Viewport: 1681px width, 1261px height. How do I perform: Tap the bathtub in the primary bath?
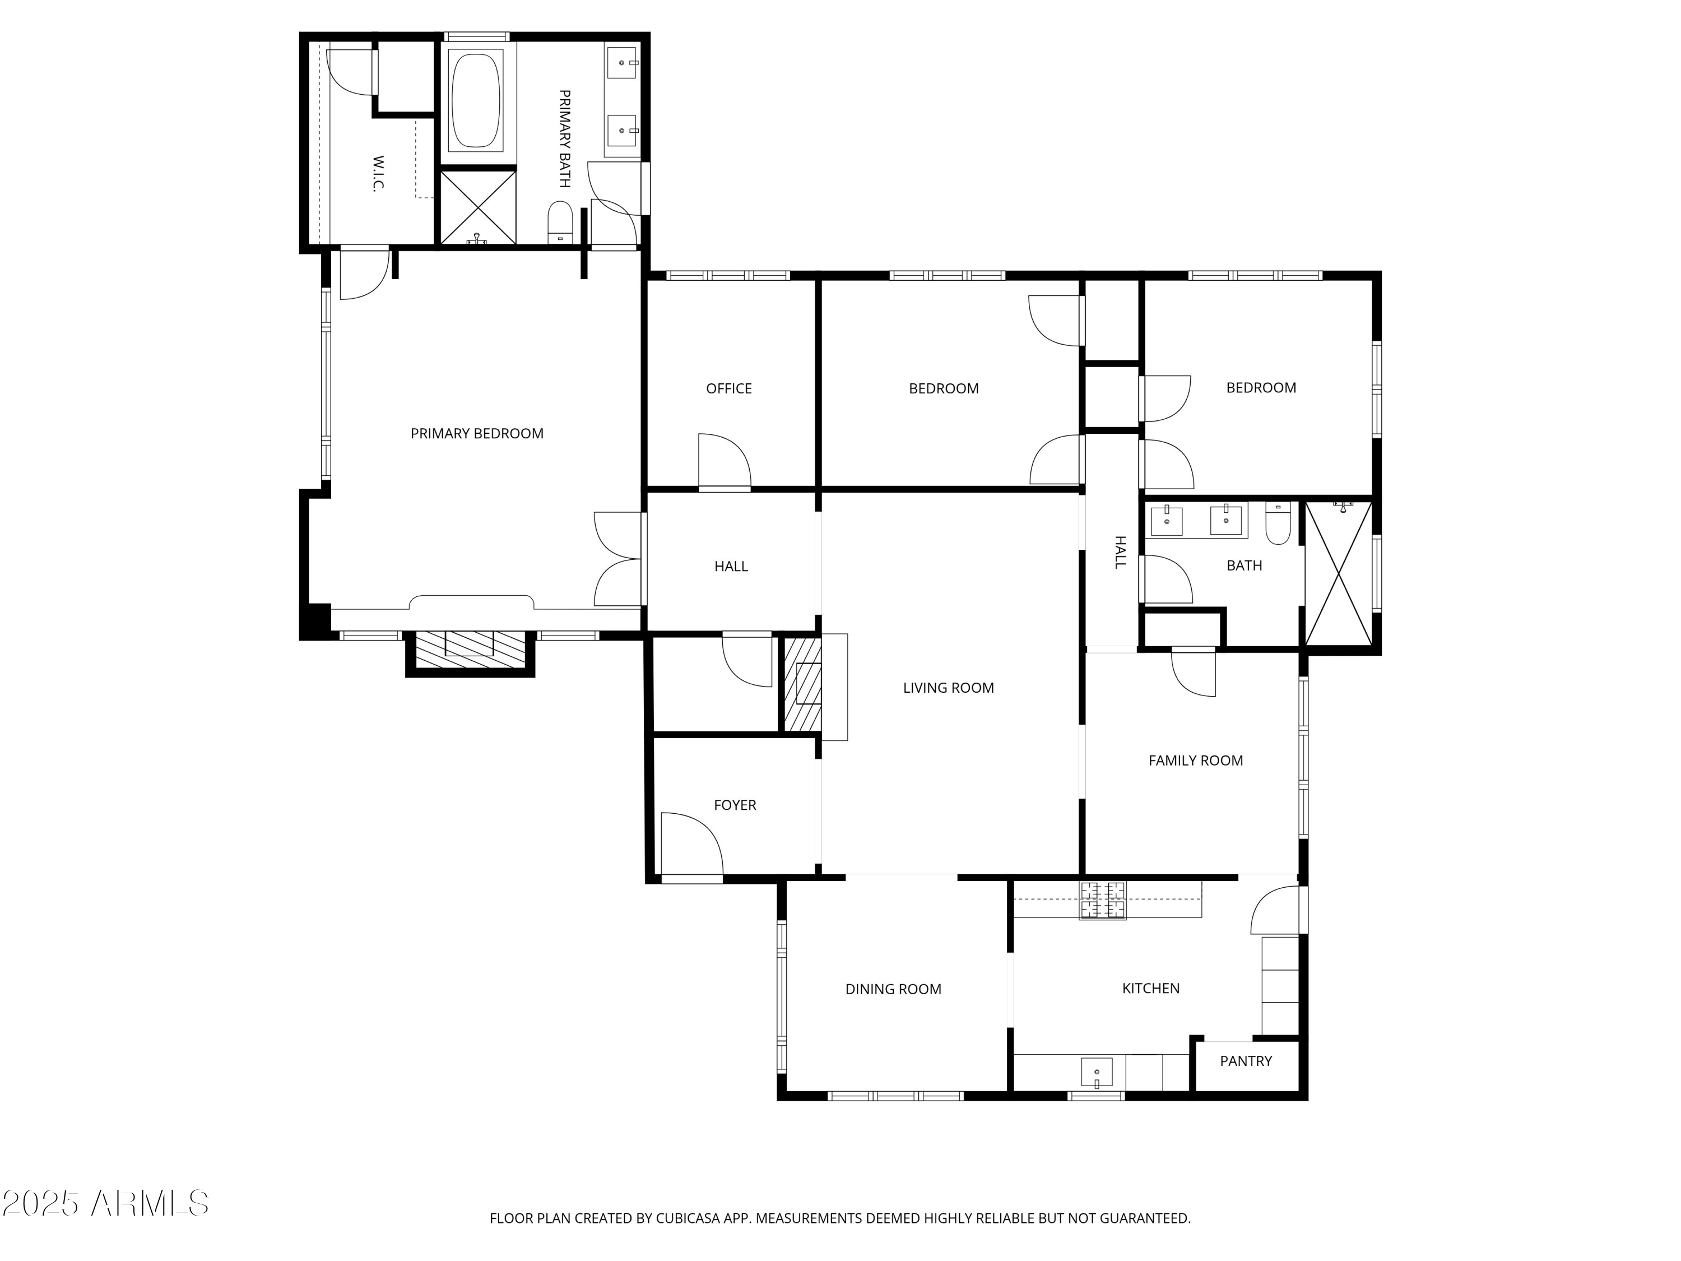click(x=476, y=99)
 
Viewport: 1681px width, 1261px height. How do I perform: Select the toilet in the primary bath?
click(x=560, y=222)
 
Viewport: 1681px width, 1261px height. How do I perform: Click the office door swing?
click(x=723, y=461)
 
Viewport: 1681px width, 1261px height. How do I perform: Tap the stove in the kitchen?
click(x=1103, y=900)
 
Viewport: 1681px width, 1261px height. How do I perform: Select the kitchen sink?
click(x=1097, y=1072)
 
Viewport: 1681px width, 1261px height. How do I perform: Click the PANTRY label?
click(x=1245, y=1061)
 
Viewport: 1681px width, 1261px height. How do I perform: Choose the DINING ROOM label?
click(x=893, y=989)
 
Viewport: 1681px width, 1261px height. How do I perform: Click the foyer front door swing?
click(x=690, y=843)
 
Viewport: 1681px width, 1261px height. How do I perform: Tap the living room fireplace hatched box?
click(x=802, y=685)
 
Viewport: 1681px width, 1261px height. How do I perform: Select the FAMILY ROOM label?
click(x=1195, y=760)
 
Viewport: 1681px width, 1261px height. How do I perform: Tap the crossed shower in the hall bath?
click(x=1338, y=574)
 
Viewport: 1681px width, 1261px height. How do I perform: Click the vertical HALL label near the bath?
click(x=1120, y=552)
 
